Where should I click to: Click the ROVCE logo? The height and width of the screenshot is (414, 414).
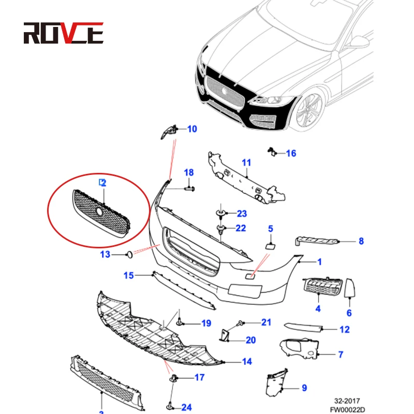coord(63,34)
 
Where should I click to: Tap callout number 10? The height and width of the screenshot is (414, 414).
coord(192,129)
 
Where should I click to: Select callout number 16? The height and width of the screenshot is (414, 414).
coord(291,153)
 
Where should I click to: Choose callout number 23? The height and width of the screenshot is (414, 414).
coord(242,214)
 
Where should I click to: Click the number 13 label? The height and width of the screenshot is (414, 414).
coord(105,254)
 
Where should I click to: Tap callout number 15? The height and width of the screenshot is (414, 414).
coord(129,275)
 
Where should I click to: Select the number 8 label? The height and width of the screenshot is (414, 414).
coord(361,241)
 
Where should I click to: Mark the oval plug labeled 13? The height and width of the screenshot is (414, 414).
coord(128,254)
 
